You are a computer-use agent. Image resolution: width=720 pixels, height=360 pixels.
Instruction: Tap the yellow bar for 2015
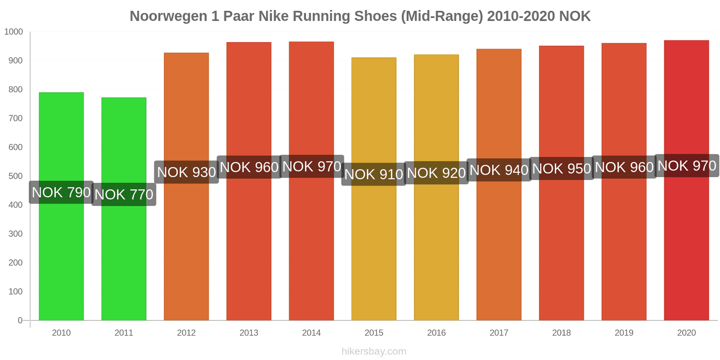click(373, 252)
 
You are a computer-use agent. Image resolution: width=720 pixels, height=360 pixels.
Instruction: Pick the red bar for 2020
click(686, 247)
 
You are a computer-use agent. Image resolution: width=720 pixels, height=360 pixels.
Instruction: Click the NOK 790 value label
click(61, 193)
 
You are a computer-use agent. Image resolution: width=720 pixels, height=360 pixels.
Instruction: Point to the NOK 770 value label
click(124, 195)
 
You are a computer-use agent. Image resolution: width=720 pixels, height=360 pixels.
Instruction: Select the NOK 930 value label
click(186, 172)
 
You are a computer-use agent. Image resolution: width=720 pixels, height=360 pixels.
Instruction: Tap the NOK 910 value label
click(373, 175)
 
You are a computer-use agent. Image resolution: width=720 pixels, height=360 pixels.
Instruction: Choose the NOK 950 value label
click(561, 169)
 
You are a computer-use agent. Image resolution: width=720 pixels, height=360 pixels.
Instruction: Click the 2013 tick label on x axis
click(249, 333)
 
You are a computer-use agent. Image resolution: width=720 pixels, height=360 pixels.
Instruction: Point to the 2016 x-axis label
click(436, 333)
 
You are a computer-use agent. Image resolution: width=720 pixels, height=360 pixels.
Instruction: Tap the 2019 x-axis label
click(624, 333)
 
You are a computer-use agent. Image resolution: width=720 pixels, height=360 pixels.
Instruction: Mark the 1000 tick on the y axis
click(13, 32)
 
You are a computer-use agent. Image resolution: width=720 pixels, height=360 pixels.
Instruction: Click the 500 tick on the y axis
click(15, 176)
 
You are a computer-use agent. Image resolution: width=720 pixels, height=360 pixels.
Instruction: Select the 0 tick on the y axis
click(20, 320)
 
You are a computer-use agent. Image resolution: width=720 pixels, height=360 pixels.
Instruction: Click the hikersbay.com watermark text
click(373, 351)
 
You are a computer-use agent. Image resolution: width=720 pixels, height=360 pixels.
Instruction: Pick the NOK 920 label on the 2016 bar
click(436, 173)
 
